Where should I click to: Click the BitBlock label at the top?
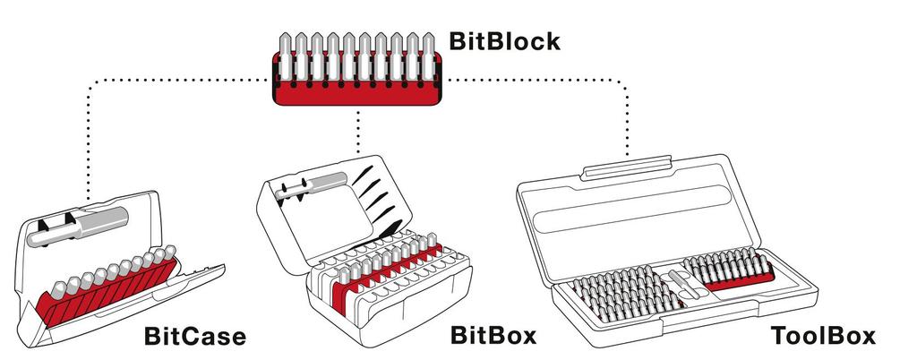coord(504,40)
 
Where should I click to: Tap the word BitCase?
coord(194,337)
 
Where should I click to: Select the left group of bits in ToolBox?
coord(618,296)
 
